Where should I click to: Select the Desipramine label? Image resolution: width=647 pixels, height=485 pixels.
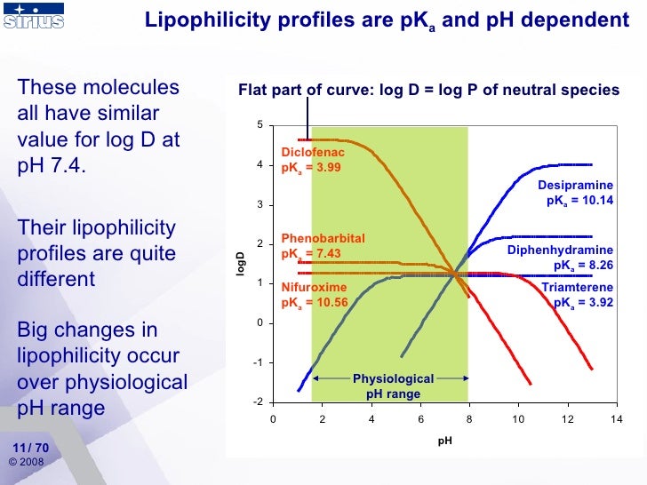pyautogui.click(x=575, y=186)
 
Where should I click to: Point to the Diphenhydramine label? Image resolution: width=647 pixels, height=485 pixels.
pyautogui.click(x=560, y=250)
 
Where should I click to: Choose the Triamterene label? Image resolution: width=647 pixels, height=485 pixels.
pyautogui.click(x=577, y=288)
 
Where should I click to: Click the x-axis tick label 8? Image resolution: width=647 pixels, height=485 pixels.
pyautogui.click(x=469, y=420)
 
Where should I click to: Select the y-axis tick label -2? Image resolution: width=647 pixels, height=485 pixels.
pyautogui.click(x=257, y=402)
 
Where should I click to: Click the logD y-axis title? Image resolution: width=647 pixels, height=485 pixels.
pyautogui.click(x=239, y=264)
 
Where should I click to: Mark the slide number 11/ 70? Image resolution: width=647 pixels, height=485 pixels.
pyautogui.click(x=31, y=447)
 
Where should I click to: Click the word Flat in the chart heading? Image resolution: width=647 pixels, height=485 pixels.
pyautogui.click(x=253, y=90)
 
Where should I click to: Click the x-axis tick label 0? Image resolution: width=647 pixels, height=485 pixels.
pyautogui.click(x=273, y=420)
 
